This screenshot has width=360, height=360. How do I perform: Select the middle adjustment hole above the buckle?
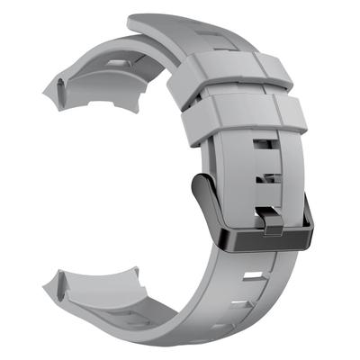click(x=263, y=175)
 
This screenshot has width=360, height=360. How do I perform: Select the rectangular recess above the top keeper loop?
click(x=206, y=40)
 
